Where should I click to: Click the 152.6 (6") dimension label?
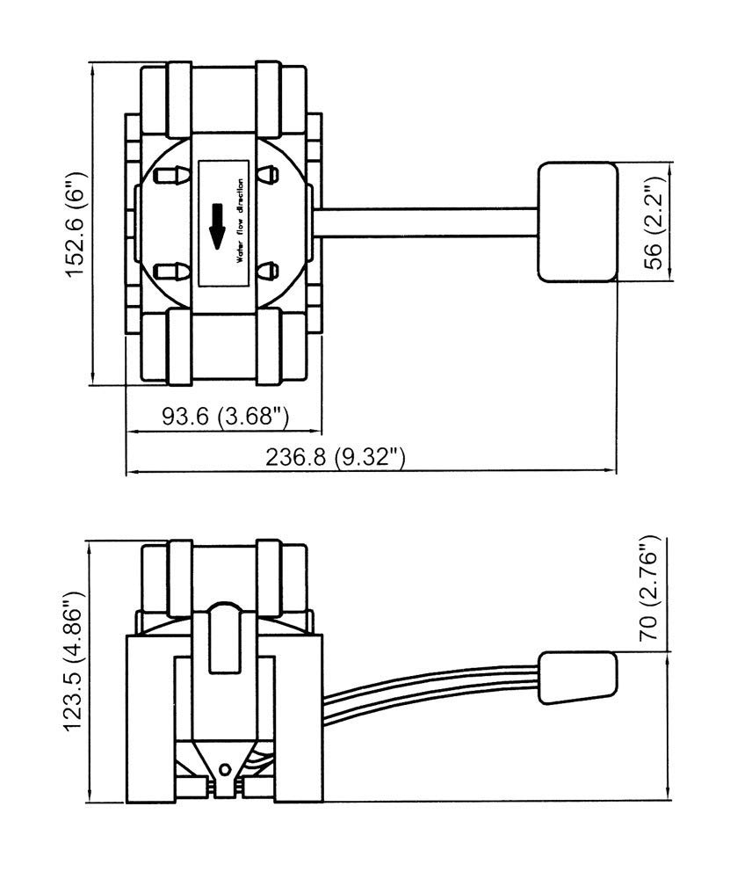pos(75,223)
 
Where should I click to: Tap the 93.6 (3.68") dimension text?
pos(225,416)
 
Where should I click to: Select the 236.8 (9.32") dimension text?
pos(335,457)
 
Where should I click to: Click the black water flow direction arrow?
pos(217,226)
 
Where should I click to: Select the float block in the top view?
pos(578,222)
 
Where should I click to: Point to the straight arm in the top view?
pos(425,222)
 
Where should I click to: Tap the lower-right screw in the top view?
pos(267,271)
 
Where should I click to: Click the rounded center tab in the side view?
pos(224,638)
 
